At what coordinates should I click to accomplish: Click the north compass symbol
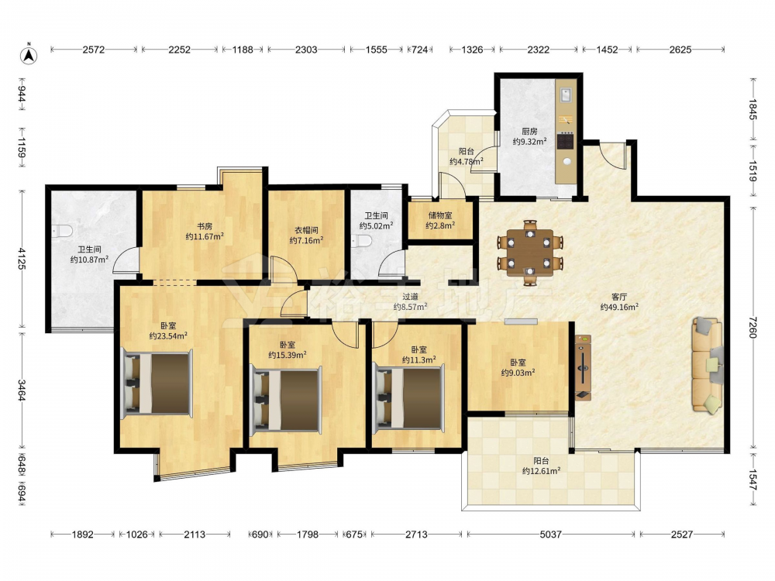pos(29,55)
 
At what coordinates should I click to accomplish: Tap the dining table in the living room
pos(530,253)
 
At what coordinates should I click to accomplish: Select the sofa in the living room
pos(708,365)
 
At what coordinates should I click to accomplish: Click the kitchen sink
pos(567,95)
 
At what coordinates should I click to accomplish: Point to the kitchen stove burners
pos(566,141)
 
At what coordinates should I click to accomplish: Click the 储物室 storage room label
pos(440,215)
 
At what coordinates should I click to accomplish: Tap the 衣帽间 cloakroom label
pos(306,230)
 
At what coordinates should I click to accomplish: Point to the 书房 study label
pos(205,226)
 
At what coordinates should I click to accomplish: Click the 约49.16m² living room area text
pos(619,307)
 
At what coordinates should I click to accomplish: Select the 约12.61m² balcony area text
pos(541,471)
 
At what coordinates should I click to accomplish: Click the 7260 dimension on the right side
pos(753,327)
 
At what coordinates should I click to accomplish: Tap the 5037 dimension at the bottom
pos(550,534)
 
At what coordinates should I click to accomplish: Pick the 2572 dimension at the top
pos(94,50)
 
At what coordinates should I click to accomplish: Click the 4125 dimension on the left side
pos(22,259)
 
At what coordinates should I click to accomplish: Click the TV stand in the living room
pos(584,367)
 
